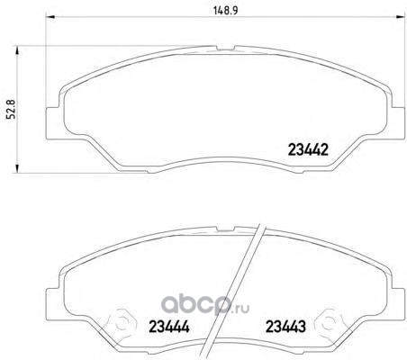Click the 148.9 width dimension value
[225, 11]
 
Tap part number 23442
[308, 149]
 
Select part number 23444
[169, 327]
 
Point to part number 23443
[285, 327]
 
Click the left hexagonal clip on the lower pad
[122, 323]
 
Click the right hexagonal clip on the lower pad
[329, 323]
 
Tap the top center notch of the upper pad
[225, 48]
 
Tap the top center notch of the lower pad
[225, 229]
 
